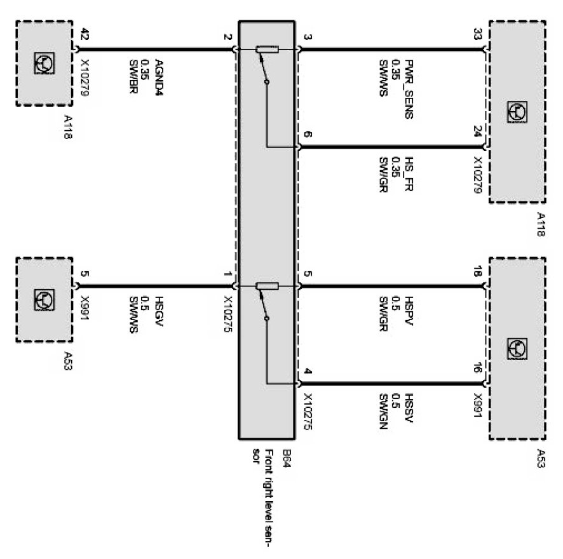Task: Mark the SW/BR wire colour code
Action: tap(134, 71)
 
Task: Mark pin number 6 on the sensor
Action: tap(308, 135)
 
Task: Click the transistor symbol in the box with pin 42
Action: tap(44, 62)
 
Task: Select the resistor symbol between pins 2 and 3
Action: tap(266, 50)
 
